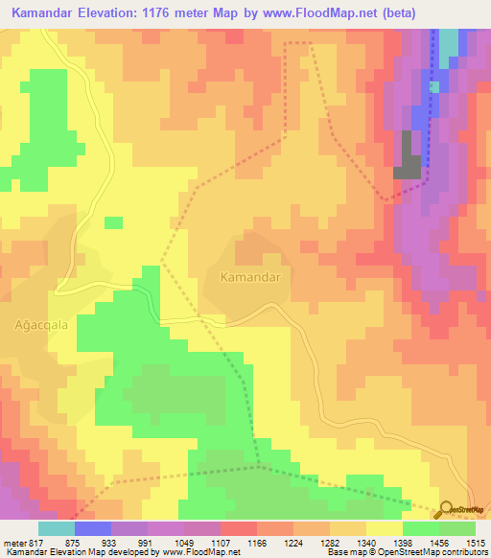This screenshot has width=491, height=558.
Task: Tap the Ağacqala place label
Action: point(40,324)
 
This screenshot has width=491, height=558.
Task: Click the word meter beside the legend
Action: point(13,543)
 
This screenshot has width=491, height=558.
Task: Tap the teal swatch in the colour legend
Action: point(57,528)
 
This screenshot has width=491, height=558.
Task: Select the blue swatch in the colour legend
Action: point(93,528)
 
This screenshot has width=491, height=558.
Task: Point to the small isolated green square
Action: point(113,223)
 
